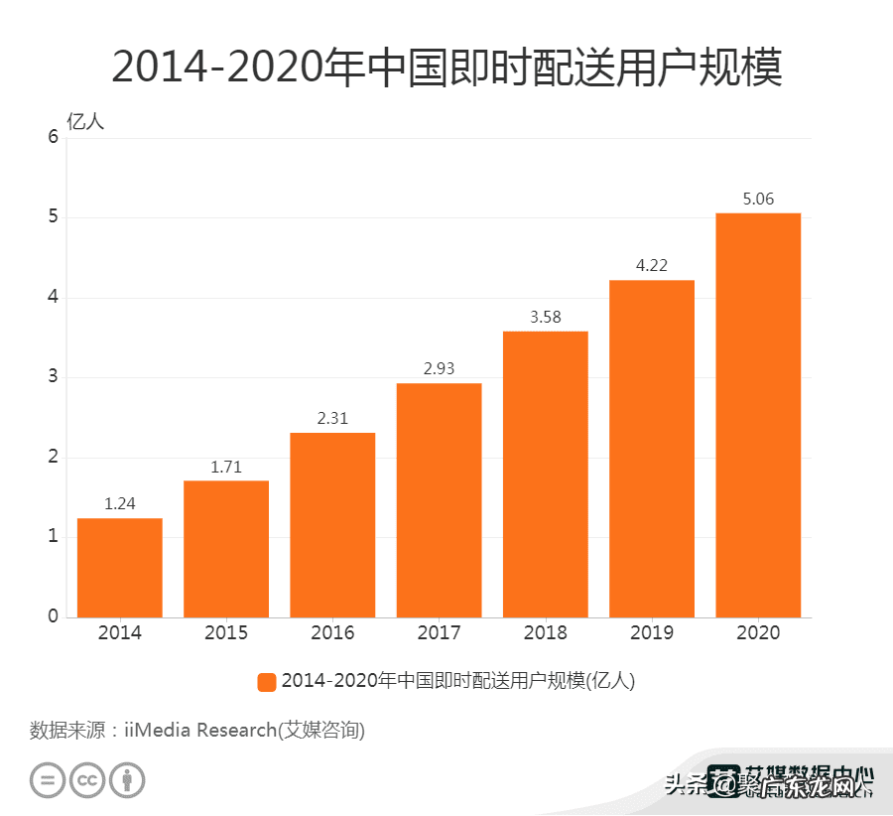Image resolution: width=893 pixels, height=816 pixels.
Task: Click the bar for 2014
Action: tap(119, 568)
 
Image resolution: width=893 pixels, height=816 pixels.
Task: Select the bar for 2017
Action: tap(439, 500)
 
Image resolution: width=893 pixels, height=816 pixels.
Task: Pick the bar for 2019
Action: tap(652, 449)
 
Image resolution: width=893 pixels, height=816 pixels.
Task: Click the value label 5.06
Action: tap(758, 200)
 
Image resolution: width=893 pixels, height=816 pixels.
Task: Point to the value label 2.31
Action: tap(332, 419)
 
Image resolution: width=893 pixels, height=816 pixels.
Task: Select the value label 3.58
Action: tap(545, 318)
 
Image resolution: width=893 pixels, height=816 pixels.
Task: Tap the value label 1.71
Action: tap(225, 467)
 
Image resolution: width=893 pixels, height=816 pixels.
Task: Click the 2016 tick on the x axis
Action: tap(332, 633)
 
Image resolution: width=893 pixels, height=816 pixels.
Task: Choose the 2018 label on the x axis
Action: tap(545, 633)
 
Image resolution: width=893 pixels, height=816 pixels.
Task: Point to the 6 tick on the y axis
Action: tap(54, 138)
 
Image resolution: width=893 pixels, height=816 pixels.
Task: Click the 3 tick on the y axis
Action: tap(54, 377)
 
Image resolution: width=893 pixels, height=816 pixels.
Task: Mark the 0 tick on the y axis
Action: tap(54, 616)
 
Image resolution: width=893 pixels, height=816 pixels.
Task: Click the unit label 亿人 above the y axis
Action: tap(84, 122)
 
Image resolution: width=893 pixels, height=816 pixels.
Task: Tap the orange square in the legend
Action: tap(266, 682)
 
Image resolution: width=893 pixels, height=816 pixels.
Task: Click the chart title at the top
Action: tap(446, 68)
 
